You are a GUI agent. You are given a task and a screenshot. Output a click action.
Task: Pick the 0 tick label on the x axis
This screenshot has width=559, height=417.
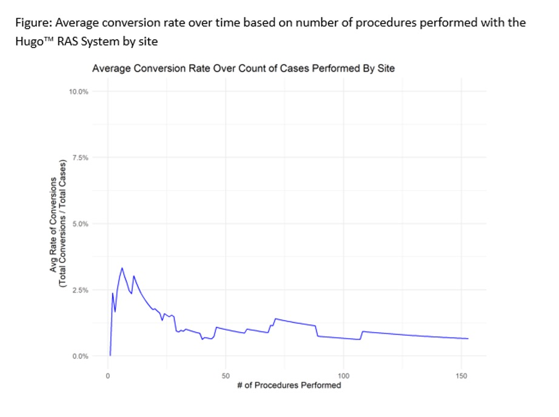[108, 376]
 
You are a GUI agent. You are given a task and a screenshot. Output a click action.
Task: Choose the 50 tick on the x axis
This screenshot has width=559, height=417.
[226, 376]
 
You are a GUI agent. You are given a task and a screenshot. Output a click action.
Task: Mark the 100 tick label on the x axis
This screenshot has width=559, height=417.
[343, 376]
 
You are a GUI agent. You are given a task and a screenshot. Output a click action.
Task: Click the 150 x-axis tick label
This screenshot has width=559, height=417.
[461, 376]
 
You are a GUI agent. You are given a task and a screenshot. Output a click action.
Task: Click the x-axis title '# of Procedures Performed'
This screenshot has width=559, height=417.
[289, 385]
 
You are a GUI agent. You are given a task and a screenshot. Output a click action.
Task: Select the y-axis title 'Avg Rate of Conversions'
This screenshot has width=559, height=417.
[53, 224]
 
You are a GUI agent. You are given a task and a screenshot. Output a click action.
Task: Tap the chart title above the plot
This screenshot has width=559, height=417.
[243, 68]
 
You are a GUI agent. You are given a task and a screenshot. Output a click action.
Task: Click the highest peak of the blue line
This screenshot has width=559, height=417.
[122, 268]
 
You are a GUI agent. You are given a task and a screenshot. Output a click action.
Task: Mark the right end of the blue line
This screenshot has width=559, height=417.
[468, 338]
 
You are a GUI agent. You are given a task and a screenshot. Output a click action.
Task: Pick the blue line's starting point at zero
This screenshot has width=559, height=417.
[110, 355]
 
